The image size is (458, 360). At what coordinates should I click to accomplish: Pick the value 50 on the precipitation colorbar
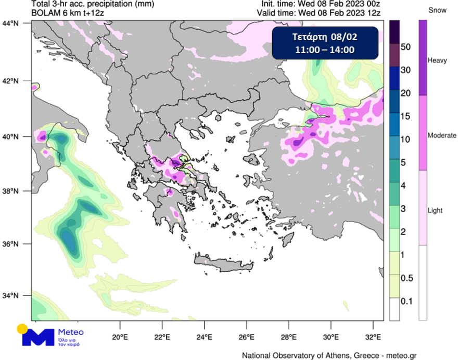[406, 47]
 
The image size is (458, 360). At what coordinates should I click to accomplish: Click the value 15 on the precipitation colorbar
[406, 117]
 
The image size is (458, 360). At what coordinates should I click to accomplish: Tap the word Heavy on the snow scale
[437, 60]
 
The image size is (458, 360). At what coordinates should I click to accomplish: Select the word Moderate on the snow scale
[442, 136]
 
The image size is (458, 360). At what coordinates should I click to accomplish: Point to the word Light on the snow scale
[435, 211]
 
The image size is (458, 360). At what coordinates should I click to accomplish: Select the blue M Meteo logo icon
[37, 337]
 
